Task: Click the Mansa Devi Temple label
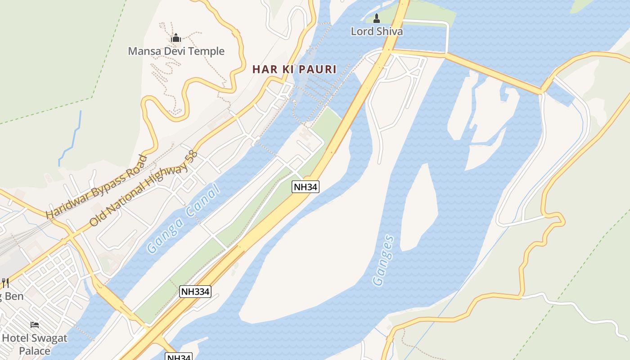pos(176,51)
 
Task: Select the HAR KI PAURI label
pos(294,69)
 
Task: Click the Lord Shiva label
pos(377,31)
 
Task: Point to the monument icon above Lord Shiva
pos(377,18)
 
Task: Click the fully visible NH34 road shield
pos(306,187)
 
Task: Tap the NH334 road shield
pos(195,291)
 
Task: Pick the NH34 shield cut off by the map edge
pos(179,357)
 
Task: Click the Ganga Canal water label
pos(184,219)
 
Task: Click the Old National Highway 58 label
pos(144,189)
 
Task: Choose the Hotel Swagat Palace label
pos(35,344)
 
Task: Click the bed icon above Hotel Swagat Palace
pos(35,324)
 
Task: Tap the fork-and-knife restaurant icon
pos(5,283)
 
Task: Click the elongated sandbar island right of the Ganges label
pos(418,207)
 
